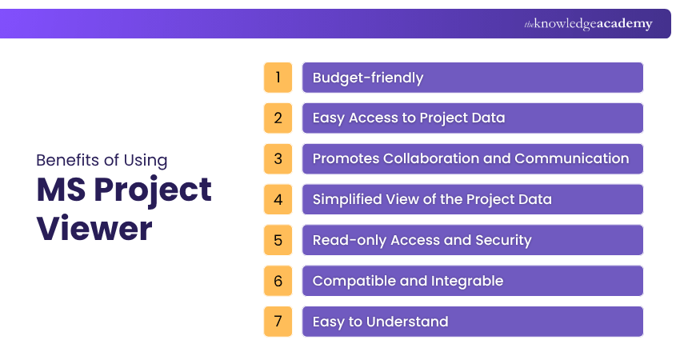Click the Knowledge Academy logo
click(x=588, y=24)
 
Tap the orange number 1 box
click(x=278, y=78)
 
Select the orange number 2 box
click(x=278, y=118)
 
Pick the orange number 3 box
click(x=278, y=158)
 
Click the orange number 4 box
click(x=278, y=199)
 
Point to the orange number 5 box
click(x=278, y=240)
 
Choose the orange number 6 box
click(x=278, y=281)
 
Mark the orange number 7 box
click(x=278, y=322)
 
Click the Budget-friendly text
click(x=368, y=78)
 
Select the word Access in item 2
click(x=371, y=118)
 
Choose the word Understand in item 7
click(x=408, y=322)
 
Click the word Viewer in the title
click(x=94, y=229)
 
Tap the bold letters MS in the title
click(x=63, y=190)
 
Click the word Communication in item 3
click(x=571, y=158)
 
